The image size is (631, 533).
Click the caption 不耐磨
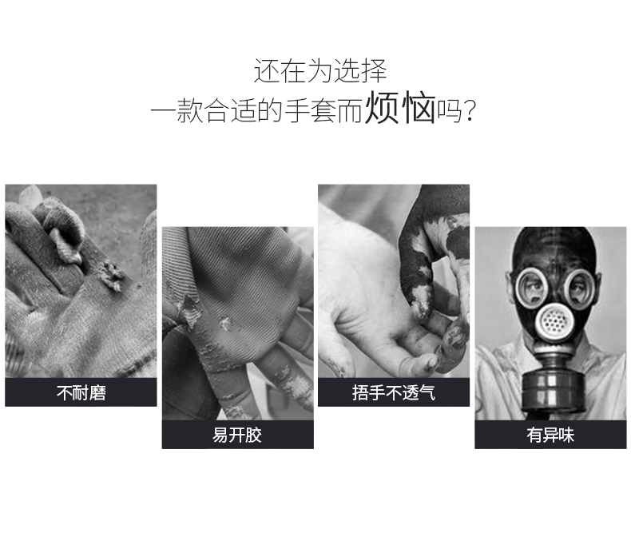pos(81,392)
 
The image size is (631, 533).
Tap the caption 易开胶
pos(237,435)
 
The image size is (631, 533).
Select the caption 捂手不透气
pos(394,392)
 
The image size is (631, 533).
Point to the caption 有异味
pos(550,435)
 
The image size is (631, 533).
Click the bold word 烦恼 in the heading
pos(400,108)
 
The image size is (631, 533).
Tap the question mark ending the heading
pos(470,111)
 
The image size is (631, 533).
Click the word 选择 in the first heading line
pos(360,71)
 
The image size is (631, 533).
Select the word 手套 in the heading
pos(310,111)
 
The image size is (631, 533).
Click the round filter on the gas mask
pos(554,320)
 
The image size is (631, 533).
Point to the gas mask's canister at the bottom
pos(554,392)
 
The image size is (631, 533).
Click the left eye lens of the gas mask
pos(532,288)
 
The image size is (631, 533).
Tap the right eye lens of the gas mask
pos(578,288)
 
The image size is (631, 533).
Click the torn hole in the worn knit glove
pos(112,275)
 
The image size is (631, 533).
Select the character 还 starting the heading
pos(267,71)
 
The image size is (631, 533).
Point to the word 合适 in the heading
pos(230,111)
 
